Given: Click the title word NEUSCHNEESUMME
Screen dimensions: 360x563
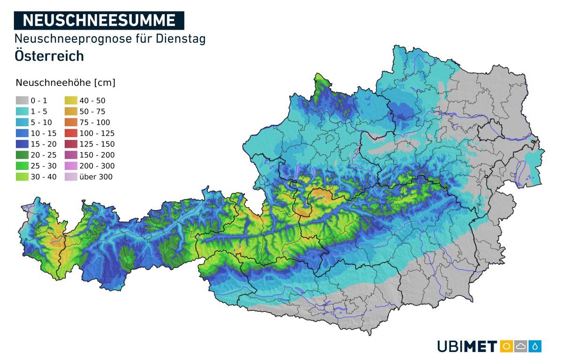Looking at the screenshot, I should coord(99,20).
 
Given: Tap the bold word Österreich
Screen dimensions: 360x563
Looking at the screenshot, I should coord(49,56).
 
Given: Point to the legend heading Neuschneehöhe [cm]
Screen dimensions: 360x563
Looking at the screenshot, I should coord(65,83).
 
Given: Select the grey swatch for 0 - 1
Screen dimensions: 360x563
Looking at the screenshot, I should coord(22,100).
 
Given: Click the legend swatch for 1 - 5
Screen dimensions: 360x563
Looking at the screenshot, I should coord(22,112).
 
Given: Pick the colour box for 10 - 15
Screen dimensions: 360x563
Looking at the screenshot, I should coord(22,133).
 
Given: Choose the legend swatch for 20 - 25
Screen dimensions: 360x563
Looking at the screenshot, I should coord(22,155).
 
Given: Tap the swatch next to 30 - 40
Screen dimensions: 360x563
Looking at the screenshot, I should coord(22,177).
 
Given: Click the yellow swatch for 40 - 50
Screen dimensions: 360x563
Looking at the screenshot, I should coord(71,100).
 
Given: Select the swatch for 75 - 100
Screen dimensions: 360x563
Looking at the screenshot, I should coord(71,123).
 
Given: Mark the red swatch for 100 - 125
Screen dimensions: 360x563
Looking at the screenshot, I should coord(71,133).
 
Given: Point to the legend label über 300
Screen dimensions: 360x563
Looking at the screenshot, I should coord(96,177).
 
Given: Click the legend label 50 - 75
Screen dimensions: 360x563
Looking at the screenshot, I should coord(92,112).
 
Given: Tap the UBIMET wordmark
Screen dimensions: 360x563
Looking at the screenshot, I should coord(467,347).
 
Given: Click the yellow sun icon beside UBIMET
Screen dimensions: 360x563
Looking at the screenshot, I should coord(506,346).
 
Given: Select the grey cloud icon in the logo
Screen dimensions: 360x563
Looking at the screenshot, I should coord(521,346).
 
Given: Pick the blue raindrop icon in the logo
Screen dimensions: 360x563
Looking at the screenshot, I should coord(535,346).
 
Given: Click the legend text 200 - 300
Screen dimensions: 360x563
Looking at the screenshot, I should coord(97,166).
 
